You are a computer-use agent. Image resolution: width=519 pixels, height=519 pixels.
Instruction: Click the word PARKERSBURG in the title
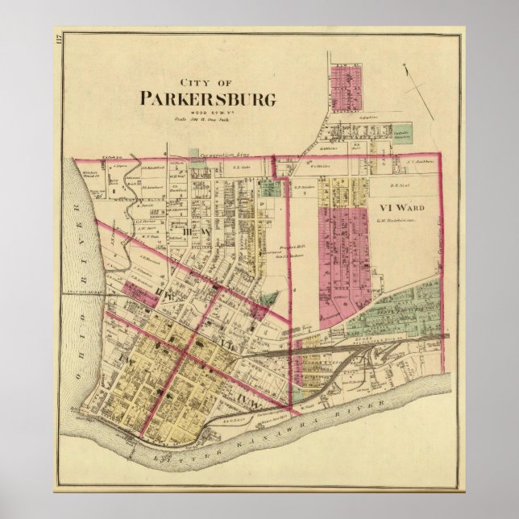click(208, 99)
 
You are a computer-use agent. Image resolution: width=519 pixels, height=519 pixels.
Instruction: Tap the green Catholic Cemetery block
click(402, 133)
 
